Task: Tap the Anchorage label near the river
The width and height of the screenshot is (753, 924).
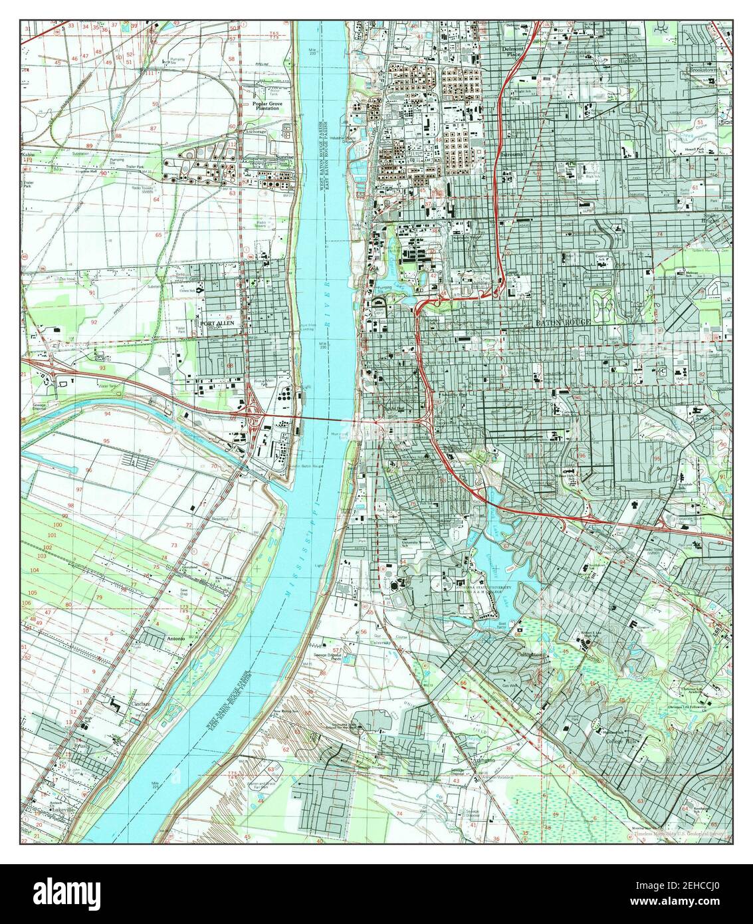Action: click(x=255, y=132)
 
